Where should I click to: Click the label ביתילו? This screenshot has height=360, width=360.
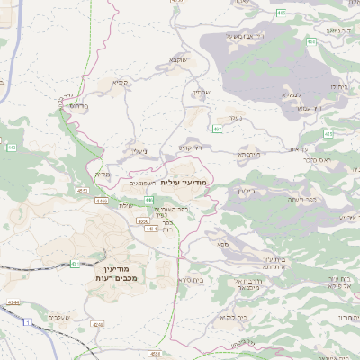[x=338, y=86]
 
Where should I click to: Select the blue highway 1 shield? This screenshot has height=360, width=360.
[x=28, y=321]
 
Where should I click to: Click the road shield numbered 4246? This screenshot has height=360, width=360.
[x=97, y=323]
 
